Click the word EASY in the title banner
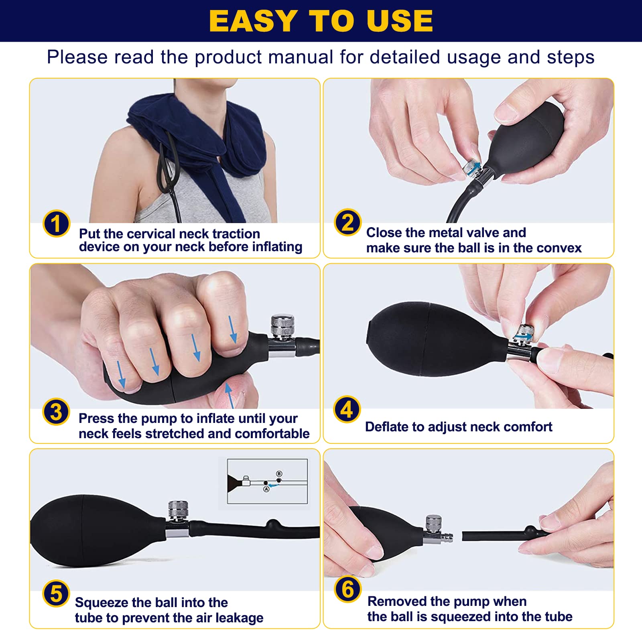(x=253, y=21)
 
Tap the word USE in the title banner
(x=400, y=21)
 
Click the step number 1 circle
(x=57, y=223)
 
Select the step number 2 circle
(x=347, y=222)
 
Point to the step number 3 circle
(x=56, y=412)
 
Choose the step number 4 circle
(x=347, y=410)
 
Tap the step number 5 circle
(x=56, y=594)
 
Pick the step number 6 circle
(x=347, y=589)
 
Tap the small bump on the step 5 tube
(x=273, y=524)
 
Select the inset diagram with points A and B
(x=267, y=481)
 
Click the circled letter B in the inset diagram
(x=279, y=474)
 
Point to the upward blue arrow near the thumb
(x=229, y=395)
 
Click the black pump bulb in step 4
(x=437, y=339)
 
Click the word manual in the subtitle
(x=301, y=57)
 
